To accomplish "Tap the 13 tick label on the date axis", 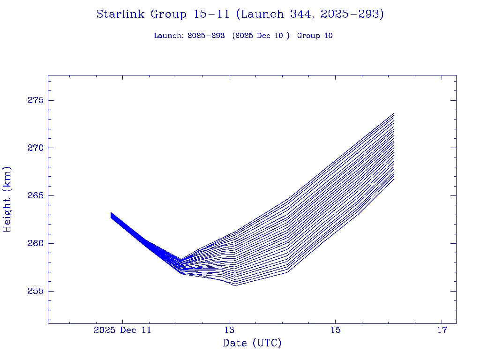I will (x=229, y=330).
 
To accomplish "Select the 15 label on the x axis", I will (x=335, y=330).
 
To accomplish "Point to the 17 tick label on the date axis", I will (x=442, y=330).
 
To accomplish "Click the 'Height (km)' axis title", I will (x=7, y=199).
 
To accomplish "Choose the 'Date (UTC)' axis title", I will (x=252, y=343).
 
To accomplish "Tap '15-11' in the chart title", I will (x=211, y=14).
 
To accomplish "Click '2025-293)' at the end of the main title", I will (x=352, y=14).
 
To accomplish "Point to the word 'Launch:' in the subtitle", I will (x=168, y=36).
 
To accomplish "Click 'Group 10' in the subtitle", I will (x=315, y=36).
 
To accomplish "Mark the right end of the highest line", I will (x=394, y=113).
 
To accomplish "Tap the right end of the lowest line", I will (x=394, y=179).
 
